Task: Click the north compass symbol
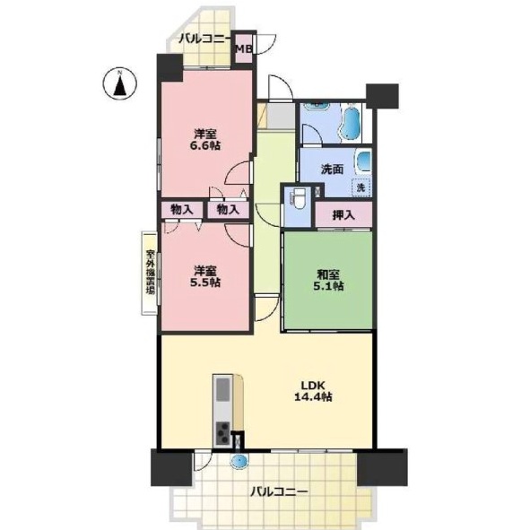tap(119, 83)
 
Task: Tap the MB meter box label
tap(244, 49)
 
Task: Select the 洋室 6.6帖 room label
tap(207, 140)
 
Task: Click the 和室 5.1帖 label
tap(329, 280)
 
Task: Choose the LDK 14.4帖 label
tap(313, 391)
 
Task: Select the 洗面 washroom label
tap(333, 169)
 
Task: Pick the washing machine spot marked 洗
tap(361, 187)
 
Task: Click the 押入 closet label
tap(343, 215)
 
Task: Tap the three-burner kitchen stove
tap(222, 433)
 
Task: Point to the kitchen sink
tap(222, 389)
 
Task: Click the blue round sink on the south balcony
tap(239, 460)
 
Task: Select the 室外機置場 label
tap(151, 272)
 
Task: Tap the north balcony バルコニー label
tap(204, 39)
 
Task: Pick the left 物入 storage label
tap(182, 210)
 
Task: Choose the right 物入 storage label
tap(228, 210)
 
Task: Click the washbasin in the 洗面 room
tap(364, 161)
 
